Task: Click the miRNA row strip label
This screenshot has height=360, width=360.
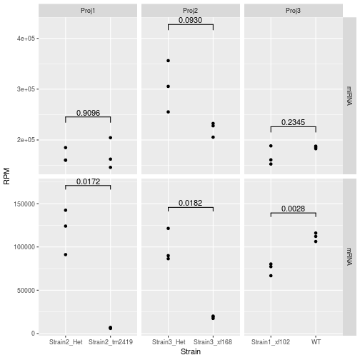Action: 349,96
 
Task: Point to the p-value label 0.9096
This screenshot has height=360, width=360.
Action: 88,112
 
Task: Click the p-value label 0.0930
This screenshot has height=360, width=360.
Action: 191,20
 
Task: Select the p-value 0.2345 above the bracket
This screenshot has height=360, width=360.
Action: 293,123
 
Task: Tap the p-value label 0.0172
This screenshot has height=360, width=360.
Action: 88,181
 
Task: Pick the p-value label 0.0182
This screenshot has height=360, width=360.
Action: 191,204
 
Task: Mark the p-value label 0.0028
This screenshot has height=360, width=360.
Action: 293,209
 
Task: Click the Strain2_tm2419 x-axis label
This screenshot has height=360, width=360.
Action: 111,342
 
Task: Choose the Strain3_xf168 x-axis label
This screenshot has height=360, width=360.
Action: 213,342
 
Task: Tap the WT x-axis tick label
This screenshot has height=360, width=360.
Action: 316,342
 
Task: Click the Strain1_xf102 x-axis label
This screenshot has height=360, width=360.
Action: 271,342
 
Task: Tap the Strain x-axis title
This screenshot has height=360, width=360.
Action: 191,353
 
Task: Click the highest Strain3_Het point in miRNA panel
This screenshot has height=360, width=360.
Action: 168,61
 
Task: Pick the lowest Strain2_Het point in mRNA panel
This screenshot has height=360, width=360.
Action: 66,254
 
